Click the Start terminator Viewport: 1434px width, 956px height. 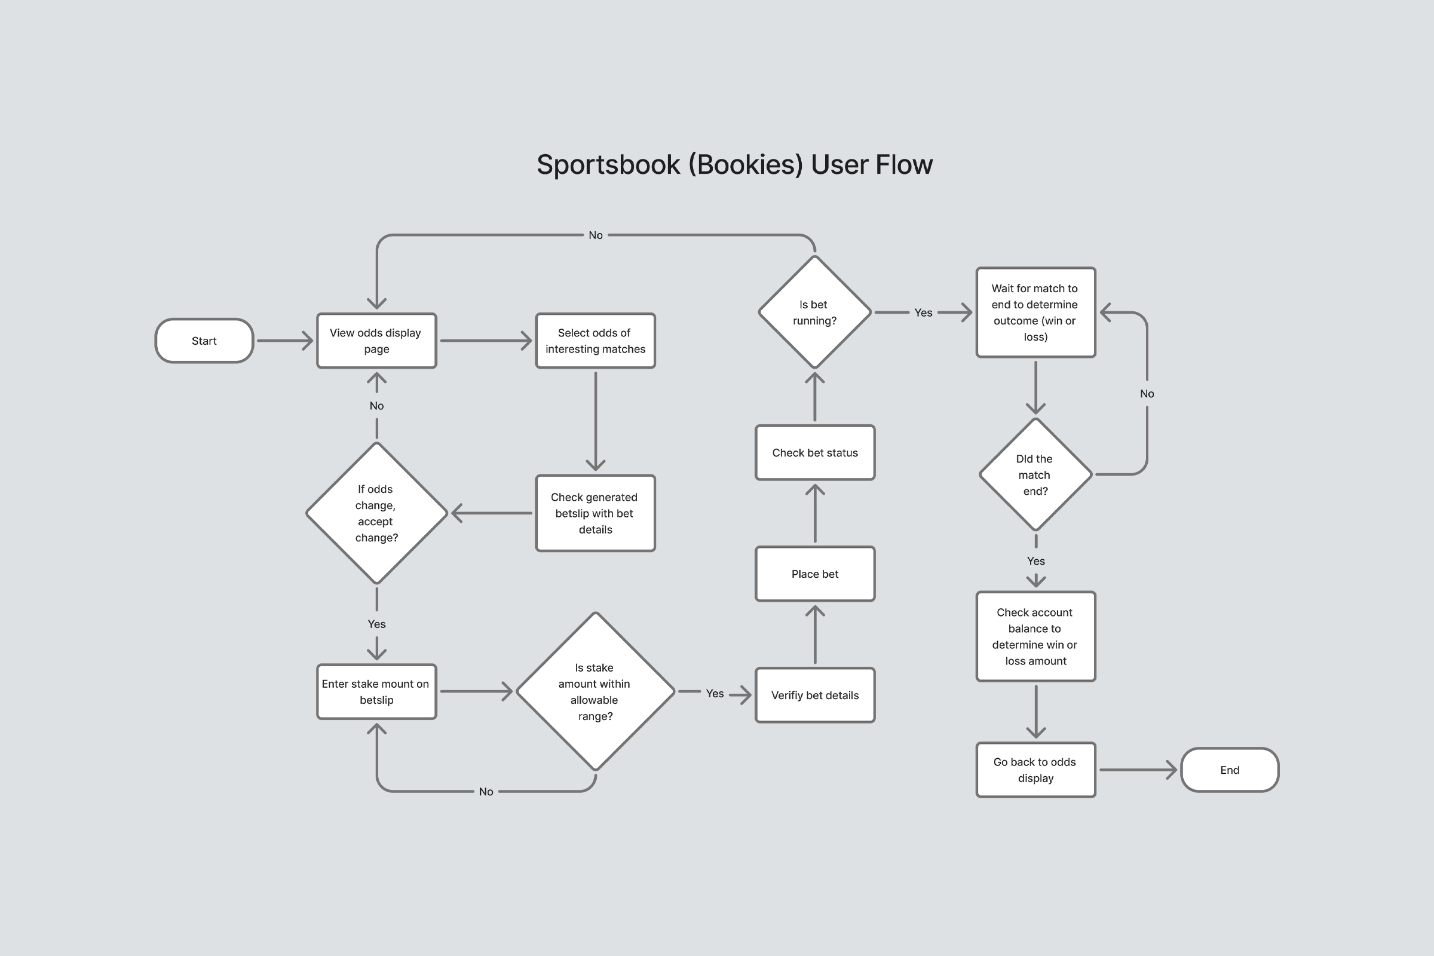(204, 341)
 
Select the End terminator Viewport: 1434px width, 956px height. (1229, 770)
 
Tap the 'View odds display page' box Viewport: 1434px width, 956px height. (376, 341)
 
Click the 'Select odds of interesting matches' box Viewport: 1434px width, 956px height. (595, 341)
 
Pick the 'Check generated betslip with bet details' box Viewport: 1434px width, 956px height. (595, 513)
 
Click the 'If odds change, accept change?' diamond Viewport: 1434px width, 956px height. (376, 513)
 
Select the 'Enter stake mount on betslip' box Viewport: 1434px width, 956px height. (376, 692)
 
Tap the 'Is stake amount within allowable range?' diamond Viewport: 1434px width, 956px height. (595, 692)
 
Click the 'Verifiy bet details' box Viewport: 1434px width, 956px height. (814, 695)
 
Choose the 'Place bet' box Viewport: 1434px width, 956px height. (814, 574)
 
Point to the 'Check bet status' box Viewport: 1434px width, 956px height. (814, 453)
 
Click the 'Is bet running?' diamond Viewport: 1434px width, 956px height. (814, 312)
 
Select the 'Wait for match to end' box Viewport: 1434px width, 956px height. (1035, 312)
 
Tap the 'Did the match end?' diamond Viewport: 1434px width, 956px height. (1035, 474)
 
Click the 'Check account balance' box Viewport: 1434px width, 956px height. (1035, 636)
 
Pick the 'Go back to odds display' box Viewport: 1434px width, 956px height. (1035, 770)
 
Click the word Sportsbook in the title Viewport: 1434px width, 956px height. (608, 165)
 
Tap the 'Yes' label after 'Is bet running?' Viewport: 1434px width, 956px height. (923, 312)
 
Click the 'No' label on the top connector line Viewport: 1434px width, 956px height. (596, 235)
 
